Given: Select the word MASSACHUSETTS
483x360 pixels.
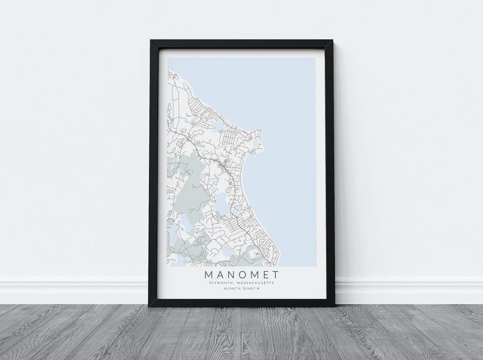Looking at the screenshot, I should coord(254,283).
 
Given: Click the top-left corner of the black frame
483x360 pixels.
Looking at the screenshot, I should coord(150,41).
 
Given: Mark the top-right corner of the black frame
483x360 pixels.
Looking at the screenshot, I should coord(333,41).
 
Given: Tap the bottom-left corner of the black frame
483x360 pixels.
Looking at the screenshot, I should coord(150,306).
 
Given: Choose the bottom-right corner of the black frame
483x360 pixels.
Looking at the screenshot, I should coord(333,306).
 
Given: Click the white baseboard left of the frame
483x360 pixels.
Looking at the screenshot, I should coord(73,291).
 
